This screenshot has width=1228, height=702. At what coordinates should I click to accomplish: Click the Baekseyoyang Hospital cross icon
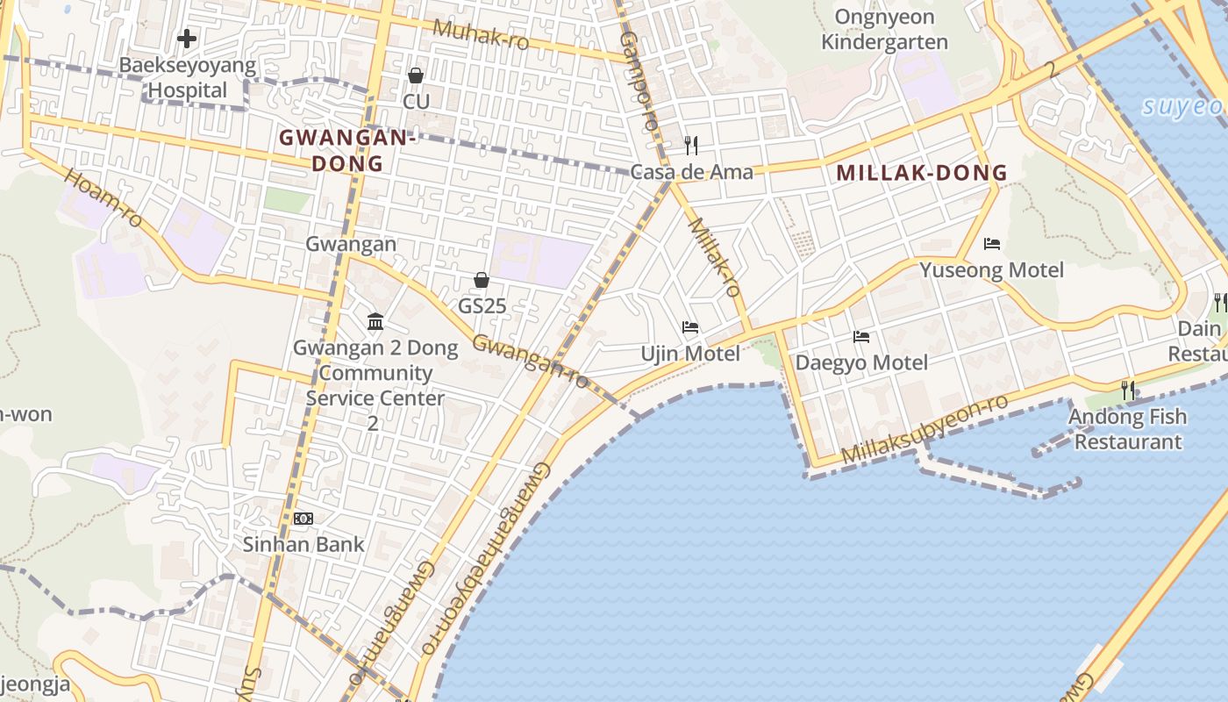click(186, 39)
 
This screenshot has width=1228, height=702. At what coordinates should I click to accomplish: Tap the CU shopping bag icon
click(416, 75)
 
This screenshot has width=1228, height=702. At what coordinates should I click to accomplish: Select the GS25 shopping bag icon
click(481, 280)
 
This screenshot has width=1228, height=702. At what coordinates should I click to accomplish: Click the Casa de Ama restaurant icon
click(691, 145)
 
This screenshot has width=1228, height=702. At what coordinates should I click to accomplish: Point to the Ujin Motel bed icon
click(690, 327)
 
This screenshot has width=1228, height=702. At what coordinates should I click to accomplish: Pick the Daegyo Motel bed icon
click(860, 336)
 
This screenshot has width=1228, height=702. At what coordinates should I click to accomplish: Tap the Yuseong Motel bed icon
click(992, 243)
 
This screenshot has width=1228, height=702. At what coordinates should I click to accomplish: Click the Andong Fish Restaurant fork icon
click(1128, 390)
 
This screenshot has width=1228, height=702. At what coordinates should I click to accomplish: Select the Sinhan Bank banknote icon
click(303, 519)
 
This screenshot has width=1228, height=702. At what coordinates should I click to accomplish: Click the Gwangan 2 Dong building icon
click(375, 322)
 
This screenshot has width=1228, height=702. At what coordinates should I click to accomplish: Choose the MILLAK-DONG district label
click(922, 172)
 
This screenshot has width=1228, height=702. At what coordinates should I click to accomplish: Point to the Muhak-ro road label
click(481, 34)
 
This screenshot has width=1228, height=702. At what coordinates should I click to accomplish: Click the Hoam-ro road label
click(104, 198)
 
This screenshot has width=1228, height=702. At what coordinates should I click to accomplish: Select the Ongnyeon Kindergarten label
click(884, 29)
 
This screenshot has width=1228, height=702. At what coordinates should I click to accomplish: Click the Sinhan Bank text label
click(303, 544)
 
